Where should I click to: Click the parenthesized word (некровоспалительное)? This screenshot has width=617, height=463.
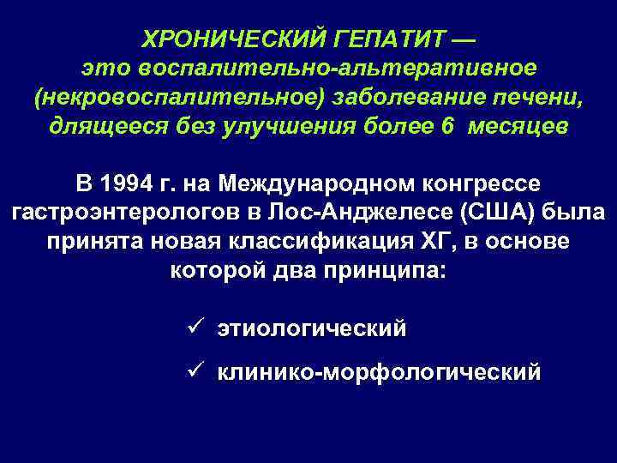pyautogui.click(x=177, y=97)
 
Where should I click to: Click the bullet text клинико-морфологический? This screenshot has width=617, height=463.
pyautogui.click(x=379, y=373)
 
